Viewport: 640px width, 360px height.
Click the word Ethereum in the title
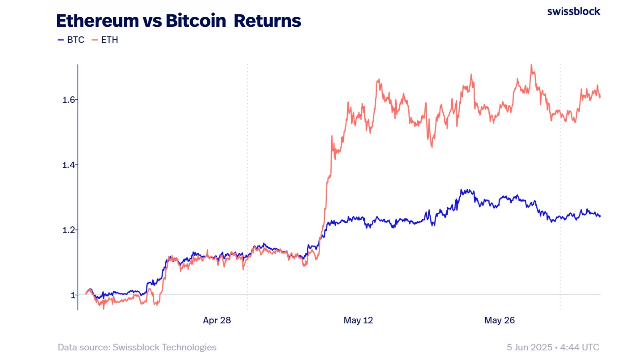click(x=97, y=21)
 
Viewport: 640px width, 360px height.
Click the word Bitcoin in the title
click(x=196, y=21)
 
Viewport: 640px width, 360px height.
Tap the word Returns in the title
click(x=267, y=21)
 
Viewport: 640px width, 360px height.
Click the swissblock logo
click(x=573, y=12)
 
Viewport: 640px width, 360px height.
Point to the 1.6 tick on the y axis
click(x=69, y=100)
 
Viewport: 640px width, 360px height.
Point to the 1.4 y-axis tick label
click(x=69, y=165)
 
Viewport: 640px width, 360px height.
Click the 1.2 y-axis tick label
click(x=69, y=230)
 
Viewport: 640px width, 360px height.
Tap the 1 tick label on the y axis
click(x=73, y=295)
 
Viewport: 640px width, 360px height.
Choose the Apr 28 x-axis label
click(x=217, y=320)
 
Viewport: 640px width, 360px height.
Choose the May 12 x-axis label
click(x=358, y=320)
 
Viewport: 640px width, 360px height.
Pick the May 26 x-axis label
click(x=499, y=320)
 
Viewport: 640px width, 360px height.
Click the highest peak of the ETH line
click(x=531, y=65)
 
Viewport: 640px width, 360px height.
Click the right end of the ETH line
click(x=600, y=96)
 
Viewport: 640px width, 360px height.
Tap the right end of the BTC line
click(x=600, y=216)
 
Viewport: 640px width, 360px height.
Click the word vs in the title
click(x=152, y=21)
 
